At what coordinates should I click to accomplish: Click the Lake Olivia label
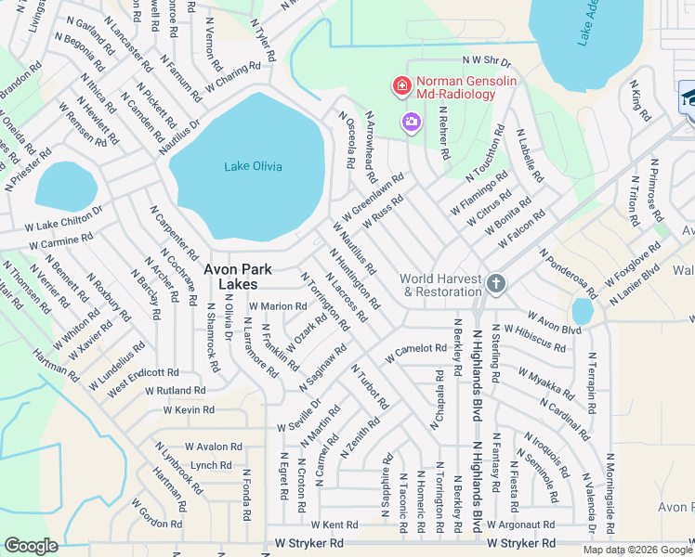(253, 166)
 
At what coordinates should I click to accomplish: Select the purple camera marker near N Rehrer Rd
(411, 122)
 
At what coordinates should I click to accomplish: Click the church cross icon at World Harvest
(495, 282)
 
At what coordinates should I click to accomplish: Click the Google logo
(31, 546)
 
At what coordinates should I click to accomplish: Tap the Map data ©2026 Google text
(636, 550)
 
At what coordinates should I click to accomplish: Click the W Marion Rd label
(277, 306)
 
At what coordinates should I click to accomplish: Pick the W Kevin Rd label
(189, 409)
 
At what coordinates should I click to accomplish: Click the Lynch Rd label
(210, 465)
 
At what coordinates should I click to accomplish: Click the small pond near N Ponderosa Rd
(583, 311)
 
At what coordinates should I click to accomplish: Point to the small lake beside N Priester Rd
(66, 187)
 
